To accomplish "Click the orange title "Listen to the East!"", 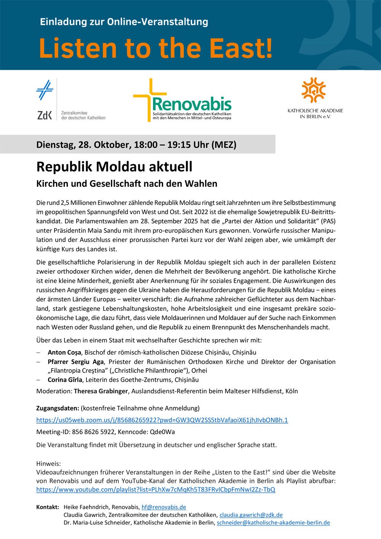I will (155, 48).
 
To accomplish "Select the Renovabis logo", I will (182, 101).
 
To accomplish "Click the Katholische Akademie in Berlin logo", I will (315, 98).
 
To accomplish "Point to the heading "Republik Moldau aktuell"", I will (114, 167).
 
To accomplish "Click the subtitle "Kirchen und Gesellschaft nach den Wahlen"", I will (126, 183).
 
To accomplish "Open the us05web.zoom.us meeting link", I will (162, 420).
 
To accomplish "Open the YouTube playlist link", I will (155, 489).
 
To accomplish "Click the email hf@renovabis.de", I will (164, 507).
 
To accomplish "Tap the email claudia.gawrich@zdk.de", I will (251, 515).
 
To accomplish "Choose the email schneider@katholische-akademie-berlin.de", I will (273, 523).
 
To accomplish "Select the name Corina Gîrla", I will (65, 380).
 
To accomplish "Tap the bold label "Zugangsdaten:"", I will (58, 408).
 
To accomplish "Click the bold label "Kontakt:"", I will (48, 507).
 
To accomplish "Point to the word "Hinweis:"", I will (48, 464).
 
